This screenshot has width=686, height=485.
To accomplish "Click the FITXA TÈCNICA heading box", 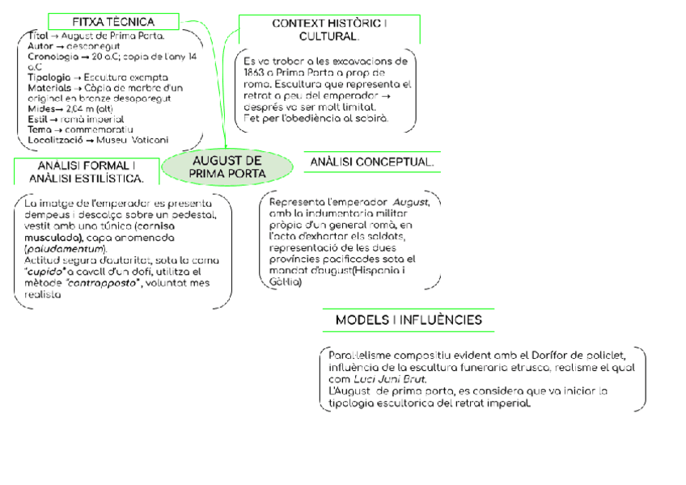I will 113,22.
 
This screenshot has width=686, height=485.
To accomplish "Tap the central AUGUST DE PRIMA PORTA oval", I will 227,167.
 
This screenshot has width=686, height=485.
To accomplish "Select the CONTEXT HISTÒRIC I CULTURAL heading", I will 329,30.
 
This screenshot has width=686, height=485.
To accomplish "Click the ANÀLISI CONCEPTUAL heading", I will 372,162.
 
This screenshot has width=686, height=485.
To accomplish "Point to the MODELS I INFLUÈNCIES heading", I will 409,320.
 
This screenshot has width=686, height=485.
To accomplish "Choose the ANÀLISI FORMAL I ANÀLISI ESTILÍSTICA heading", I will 81,171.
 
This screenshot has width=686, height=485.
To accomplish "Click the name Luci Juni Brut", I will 390,378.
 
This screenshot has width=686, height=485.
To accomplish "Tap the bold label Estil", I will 37,119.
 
